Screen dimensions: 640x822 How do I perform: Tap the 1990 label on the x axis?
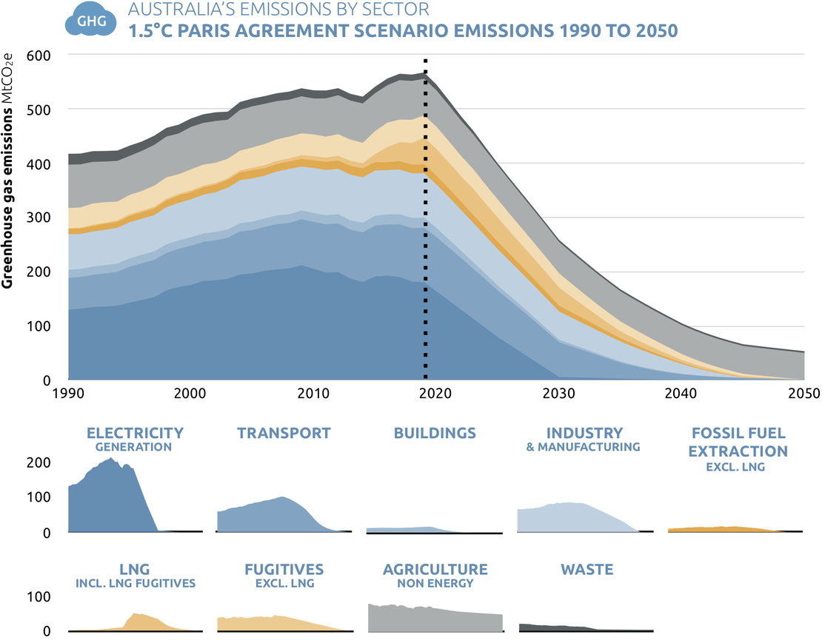point(68,393)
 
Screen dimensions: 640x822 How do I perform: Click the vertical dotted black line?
point(425,222)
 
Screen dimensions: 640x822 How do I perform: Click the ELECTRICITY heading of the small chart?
point(135,433)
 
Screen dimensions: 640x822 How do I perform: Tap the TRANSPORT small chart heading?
point(284,433)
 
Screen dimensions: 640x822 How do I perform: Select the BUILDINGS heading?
point(435,433)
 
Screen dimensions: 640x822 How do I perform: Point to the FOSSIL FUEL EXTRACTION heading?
point(738,442)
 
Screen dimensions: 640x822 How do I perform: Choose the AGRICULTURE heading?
point(435,570)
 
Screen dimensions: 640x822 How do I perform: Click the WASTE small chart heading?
point(587,570)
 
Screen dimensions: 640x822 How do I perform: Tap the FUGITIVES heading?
point(284,570)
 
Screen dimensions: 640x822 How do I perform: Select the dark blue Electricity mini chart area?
point(111,503)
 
